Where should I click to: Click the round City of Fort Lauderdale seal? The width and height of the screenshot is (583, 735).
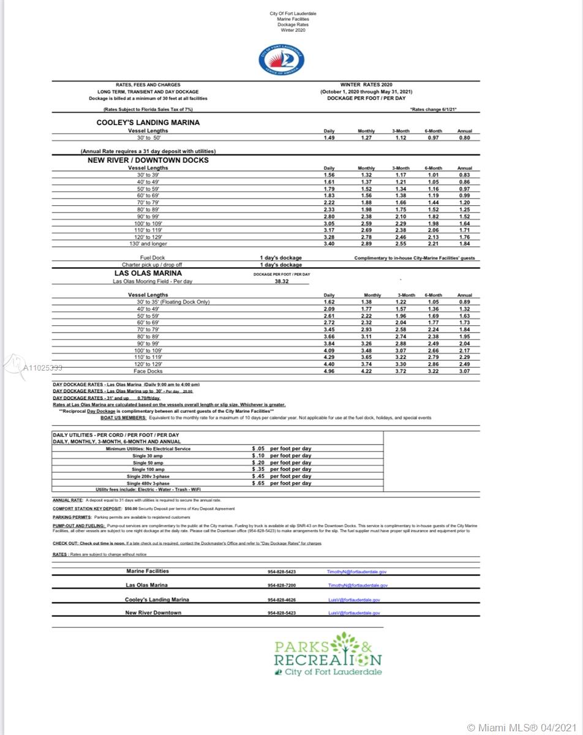point(281,60)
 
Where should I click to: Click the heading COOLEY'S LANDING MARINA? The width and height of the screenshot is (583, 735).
point(148,123)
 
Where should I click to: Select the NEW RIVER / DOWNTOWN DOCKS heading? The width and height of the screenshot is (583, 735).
point(148,160)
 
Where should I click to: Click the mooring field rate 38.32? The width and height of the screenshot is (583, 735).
point(281,282)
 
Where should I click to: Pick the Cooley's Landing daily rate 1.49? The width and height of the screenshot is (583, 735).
point(329,138)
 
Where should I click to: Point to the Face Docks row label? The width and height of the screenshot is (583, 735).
point(148,371)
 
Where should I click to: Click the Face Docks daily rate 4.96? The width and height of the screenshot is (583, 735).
point(329,371)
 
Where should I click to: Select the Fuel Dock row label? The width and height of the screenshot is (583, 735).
point(152,258)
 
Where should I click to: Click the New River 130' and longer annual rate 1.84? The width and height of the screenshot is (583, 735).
point(464,244)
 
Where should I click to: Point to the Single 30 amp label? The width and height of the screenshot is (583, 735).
point(148,456)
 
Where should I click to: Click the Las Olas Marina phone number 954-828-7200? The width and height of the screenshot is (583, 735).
point(282,586)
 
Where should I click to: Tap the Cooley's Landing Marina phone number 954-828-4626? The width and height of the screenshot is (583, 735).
point(282,600)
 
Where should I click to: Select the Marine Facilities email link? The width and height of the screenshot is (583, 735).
point(356,571)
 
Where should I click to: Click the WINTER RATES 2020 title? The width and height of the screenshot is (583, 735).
point(366,85)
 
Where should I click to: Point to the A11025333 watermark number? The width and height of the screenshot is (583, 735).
point(42,368)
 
